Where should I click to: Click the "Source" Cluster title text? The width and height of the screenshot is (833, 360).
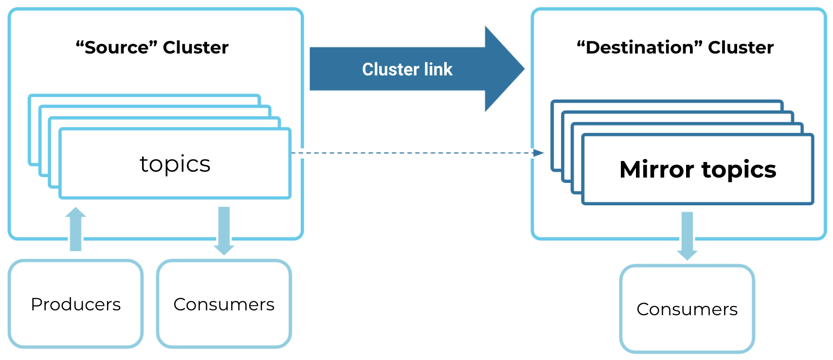click(152, 48)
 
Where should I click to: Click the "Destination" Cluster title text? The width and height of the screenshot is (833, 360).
click(675, 48)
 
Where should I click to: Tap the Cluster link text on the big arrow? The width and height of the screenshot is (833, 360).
click(407, 70)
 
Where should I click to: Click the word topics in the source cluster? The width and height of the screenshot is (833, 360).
click(175, 164)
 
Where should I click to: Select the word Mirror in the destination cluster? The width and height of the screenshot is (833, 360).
click(656, 170)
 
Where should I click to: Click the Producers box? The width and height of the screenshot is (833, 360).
click(75, 304)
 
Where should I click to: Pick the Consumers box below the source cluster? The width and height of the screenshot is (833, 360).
click(224, 304)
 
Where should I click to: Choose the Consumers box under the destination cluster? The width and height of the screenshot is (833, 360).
click(687, 309)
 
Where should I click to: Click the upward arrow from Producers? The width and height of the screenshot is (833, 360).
click(75, 229)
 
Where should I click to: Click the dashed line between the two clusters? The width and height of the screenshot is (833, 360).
click(414, 153)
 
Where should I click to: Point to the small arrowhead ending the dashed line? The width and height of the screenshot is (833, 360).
click(538, 153)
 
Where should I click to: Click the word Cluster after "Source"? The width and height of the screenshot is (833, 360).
click(196, 48)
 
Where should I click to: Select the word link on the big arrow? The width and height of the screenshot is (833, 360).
click(438, 70)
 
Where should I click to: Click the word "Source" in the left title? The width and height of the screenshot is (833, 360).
click(117, 48)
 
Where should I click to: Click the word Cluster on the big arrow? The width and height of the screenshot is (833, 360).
click(390, 70)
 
